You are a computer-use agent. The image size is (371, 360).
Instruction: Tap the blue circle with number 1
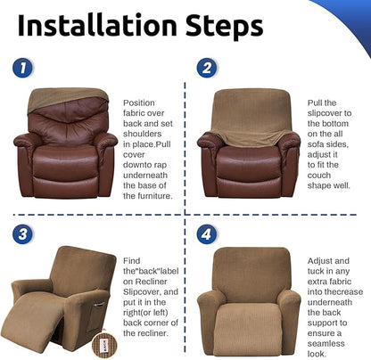click(24, 68)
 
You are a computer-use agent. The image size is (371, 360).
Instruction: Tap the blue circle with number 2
click(207, 68)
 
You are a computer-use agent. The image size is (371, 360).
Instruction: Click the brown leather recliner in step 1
click(68, 151)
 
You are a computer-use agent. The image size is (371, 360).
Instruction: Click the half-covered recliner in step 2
click(249, 147)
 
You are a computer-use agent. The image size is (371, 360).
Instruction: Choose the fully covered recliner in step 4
click(249, 303)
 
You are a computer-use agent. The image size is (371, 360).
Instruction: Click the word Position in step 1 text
click(139, 103)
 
